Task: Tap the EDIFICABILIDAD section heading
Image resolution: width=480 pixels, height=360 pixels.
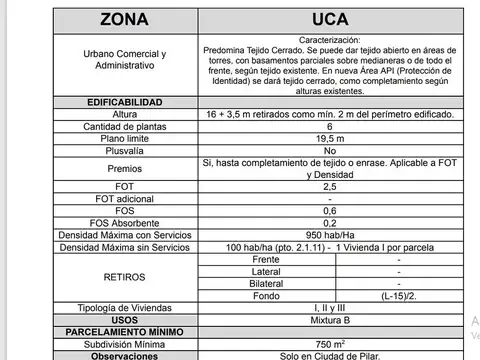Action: tap(125, 103)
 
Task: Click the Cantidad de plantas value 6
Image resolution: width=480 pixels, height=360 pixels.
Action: tap(330, 127)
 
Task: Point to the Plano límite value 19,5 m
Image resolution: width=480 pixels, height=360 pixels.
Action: tap(330, 139)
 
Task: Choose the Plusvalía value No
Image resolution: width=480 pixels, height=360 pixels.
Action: tap(330, 151)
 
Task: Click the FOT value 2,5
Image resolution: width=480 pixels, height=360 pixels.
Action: tap(330, 186)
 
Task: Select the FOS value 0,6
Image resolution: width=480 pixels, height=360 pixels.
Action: tap(330, 210)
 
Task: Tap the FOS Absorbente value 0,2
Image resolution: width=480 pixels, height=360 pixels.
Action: tap(330, 222)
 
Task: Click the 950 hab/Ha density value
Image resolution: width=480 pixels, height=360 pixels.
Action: tap(330, 234)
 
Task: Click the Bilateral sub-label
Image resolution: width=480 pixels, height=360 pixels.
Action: tap(267, 283)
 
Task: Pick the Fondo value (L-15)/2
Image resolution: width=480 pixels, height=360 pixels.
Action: tap(398, 296)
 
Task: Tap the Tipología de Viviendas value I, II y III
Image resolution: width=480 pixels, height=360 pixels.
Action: tap(330, 308)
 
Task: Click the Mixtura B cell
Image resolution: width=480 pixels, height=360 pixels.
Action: tap(330, 320)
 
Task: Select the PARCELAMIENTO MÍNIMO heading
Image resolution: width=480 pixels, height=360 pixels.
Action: tap(125, 332)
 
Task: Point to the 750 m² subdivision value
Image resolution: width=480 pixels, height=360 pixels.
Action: tap(330, 344)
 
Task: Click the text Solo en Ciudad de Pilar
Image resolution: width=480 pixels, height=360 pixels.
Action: tap(330, 355)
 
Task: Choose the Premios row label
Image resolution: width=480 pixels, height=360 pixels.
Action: tap(125, 169)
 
